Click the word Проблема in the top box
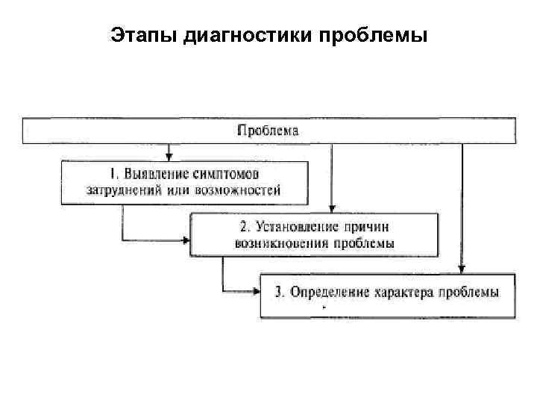[268, 131]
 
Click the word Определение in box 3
[328, 292]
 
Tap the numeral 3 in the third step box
[277, 292]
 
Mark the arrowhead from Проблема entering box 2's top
[332, 208]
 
